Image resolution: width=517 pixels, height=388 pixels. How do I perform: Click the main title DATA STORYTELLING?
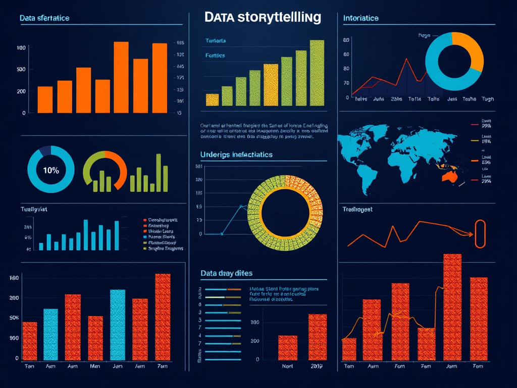pos(263,17)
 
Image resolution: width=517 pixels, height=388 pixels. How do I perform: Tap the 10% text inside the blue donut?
pos(50,170)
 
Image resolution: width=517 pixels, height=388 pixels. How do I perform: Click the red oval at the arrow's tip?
pos(479,234)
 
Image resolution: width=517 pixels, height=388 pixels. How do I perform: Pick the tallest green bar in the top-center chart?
pos(317,73)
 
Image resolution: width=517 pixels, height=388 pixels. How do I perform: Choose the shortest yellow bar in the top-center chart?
pos(213,100)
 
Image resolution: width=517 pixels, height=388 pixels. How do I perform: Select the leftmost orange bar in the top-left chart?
pos(45,100)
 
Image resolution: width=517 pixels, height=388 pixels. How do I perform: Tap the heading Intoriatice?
pos(360,18)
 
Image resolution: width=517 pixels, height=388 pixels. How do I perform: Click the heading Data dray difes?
pos(226,273)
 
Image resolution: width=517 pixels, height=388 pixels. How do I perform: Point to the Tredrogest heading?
pos(357,209)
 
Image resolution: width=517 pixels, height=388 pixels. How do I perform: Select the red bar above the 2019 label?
pos(318,337)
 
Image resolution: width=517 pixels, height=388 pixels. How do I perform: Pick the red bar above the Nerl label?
pos(288,348)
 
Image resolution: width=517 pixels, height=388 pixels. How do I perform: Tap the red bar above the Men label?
pos(95,337)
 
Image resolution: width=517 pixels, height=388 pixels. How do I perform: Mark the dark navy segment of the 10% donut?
pos(45,150)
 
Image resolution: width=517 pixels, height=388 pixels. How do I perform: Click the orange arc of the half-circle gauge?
pos(120,167)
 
